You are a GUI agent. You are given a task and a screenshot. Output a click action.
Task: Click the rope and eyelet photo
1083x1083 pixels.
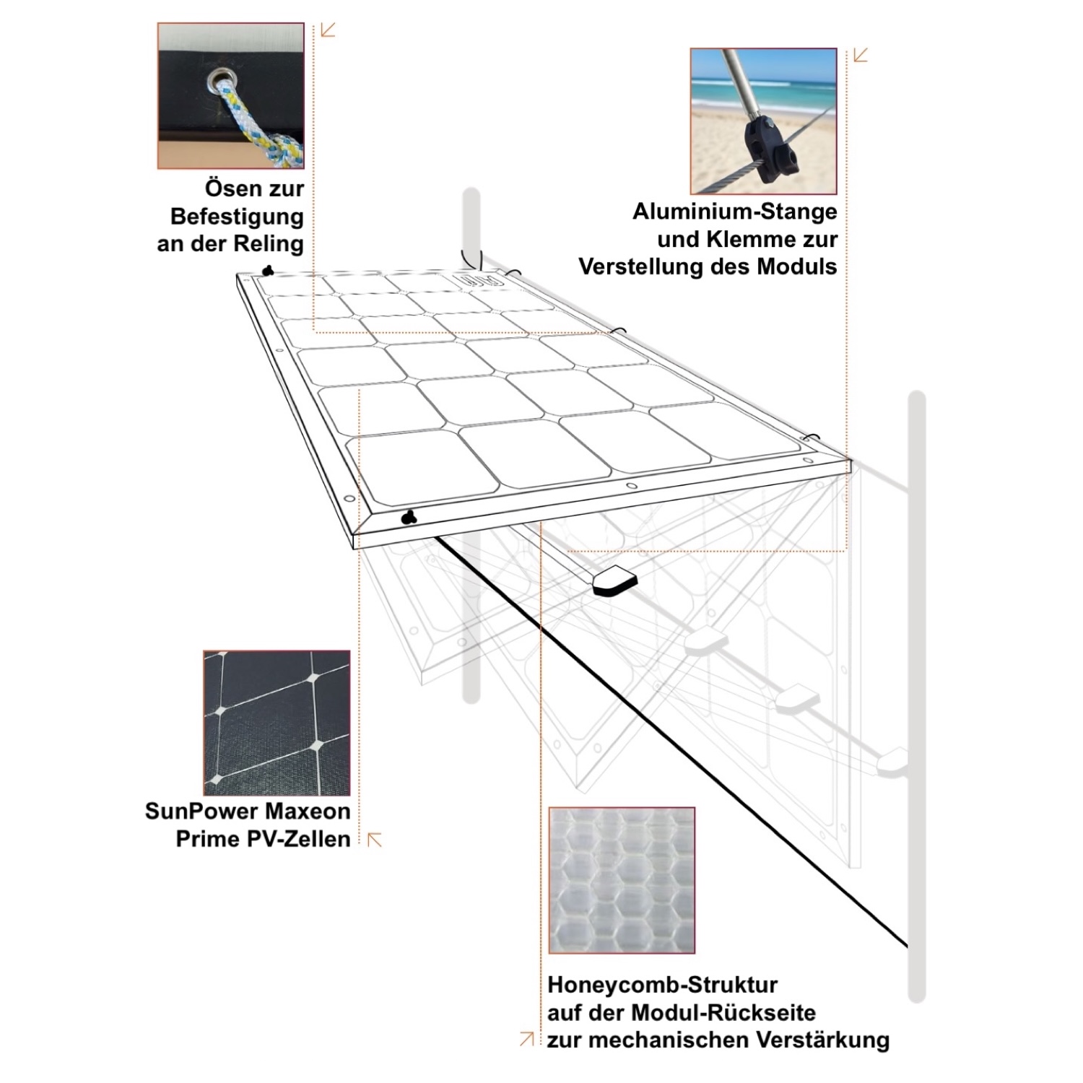[x=230, y=96]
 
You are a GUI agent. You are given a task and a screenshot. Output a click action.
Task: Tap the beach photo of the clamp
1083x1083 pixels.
[x=763, y=121]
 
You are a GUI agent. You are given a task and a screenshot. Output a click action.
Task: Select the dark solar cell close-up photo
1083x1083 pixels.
[x=277, y=723]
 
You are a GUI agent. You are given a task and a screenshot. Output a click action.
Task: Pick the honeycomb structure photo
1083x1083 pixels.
[x=622, y=880]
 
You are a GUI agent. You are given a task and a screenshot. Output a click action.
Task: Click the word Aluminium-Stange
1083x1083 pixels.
[x=735, y=212]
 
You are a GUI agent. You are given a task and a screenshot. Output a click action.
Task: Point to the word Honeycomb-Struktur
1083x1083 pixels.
[x=663, y=985]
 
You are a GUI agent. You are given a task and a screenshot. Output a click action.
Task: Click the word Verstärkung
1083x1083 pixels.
[x=823, y=1040]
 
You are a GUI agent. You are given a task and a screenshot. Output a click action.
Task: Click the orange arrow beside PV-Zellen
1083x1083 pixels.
[x=375, y=839]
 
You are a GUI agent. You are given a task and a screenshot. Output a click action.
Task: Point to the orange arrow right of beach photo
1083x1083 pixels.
[x=860, y=55]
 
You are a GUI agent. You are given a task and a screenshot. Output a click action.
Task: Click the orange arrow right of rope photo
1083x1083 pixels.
[x=328, y=30]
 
